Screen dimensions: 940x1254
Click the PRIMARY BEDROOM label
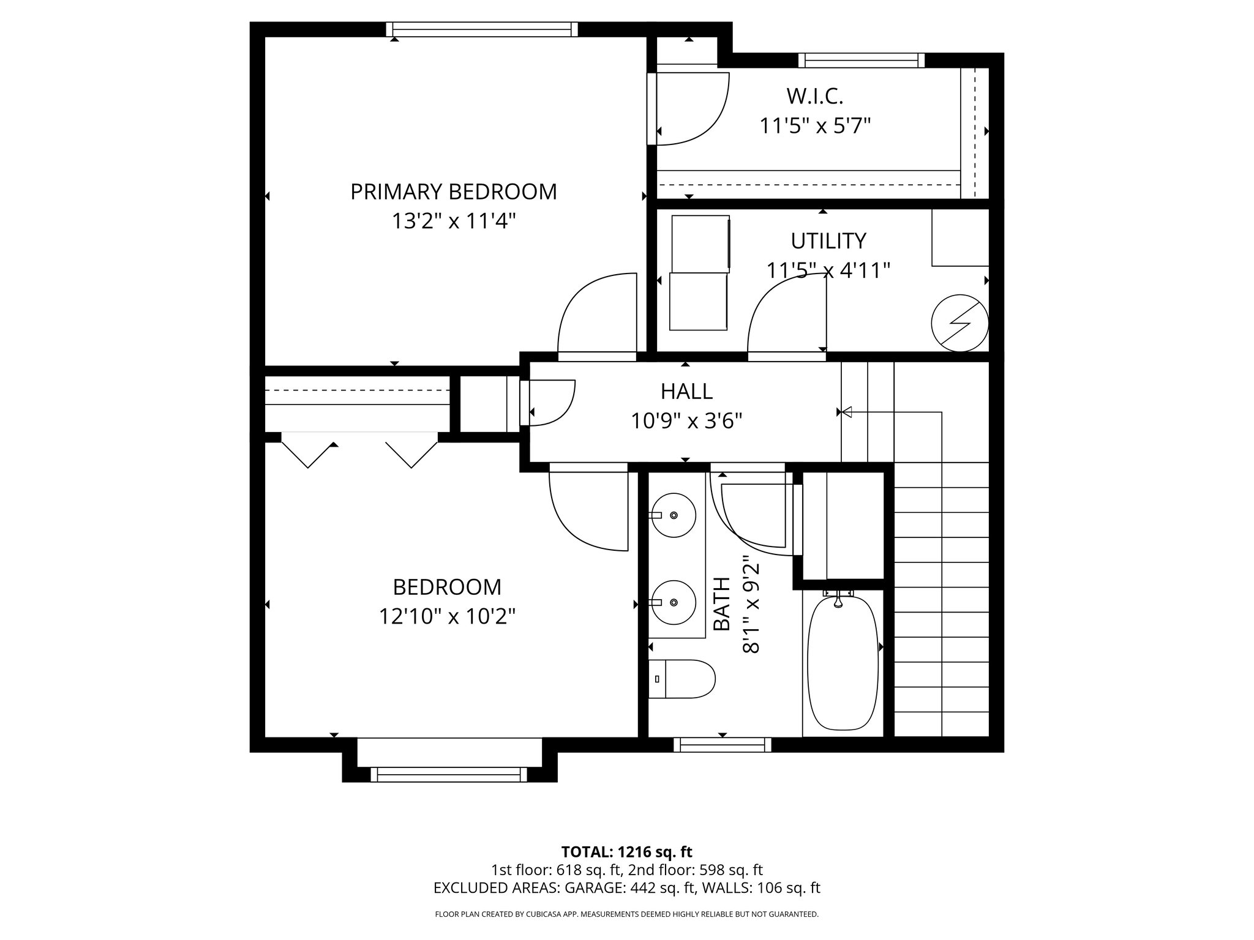(x=453, y=192)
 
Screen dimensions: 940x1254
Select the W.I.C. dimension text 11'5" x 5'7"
(x=814, y=126)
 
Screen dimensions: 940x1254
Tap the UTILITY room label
(x=828, y=241)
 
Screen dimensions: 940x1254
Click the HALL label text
(x=686, y=391)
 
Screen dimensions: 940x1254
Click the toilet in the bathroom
(x=681, y=679)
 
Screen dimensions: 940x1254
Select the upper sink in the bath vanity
(x=673, y=515)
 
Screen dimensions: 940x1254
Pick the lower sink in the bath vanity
(x=673, y=603)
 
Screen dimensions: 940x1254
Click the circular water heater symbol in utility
(x=959, y=323)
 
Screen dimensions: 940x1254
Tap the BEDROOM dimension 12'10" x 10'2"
(x=447, y=616)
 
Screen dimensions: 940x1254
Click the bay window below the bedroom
(x=449, y=774)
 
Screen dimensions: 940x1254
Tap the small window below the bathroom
(x=723, y=744)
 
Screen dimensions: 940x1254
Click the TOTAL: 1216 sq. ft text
(x=626, y=852)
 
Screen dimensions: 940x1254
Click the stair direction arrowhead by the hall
(x=847, y=412)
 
